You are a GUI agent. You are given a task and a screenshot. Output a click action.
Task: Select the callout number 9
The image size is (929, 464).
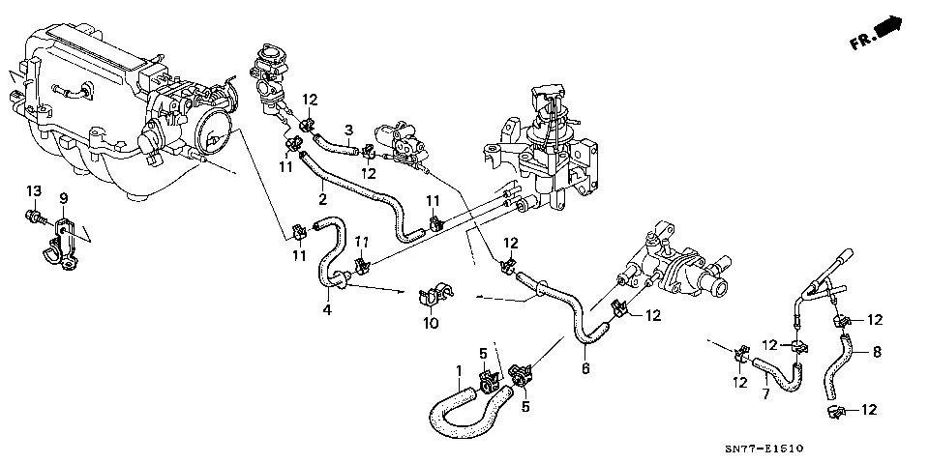click(x=64, y=198)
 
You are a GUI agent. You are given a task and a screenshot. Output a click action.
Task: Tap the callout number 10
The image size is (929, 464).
click(x=431, y=323)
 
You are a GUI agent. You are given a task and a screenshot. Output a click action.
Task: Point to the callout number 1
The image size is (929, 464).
click(x=459, y=370)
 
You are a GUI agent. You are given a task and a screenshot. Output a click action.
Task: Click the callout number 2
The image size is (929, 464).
click(x=322, y=200)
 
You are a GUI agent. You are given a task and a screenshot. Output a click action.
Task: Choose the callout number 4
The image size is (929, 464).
click(x=326, y=309)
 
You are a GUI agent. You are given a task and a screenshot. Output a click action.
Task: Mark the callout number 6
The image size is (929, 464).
click(x=585, y=367)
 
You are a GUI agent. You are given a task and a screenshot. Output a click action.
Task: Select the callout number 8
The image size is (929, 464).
click(x=878, y=352)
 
